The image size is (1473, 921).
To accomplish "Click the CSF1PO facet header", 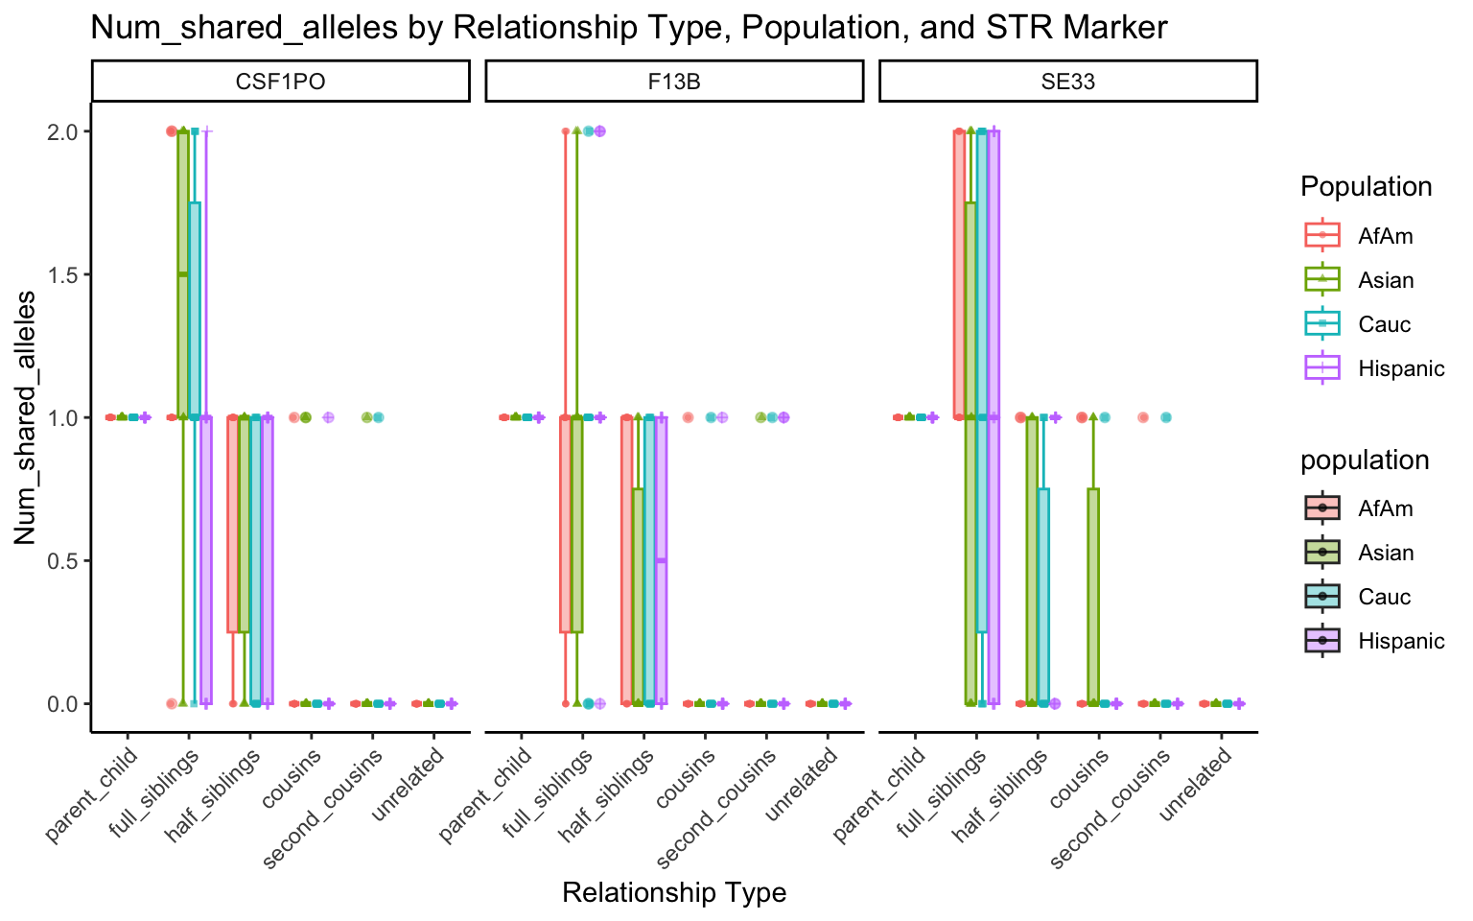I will (x=280, y=82).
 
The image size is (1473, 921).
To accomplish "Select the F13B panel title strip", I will (x=674, y=82).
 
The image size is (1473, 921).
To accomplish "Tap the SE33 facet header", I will (x=1067, y=82).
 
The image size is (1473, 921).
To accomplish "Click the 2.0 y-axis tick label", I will (x=63, y=131).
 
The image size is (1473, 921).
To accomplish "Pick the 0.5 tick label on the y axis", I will (x=63, y=560).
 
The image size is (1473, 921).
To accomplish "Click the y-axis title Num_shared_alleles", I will (x=26, y=417).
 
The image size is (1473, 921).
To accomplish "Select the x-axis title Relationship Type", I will (x=674, y=893).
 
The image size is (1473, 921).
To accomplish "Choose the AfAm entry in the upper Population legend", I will (x=1385, y=236).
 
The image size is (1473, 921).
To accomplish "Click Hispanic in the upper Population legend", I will (x=1400, y=368).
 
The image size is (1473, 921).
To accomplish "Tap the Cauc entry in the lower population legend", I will (x=1384, y=597).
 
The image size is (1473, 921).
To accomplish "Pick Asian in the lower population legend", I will (x=1386, y=553).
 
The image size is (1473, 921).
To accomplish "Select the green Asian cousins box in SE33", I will (x=1093, y=596).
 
